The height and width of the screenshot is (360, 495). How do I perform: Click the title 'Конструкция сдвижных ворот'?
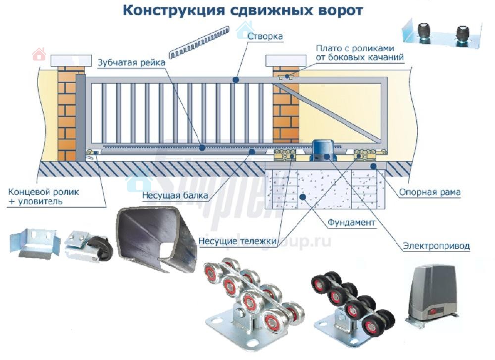tap(243, 11)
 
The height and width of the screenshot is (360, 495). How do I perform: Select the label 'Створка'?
tap(265, 37)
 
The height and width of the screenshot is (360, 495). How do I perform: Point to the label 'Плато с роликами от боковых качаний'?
tap(360, 53)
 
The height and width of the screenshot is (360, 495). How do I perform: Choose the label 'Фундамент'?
tap(351, 223)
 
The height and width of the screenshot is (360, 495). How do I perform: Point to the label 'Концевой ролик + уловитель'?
tap(44, 196)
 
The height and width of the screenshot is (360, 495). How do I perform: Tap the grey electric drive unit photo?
tap(432, 292)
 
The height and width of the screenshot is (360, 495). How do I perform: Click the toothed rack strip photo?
tap(198, 43)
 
